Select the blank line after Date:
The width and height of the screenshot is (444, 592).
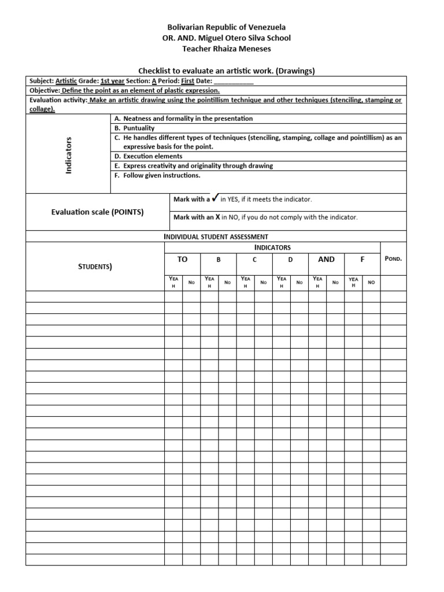[x=234, y=82]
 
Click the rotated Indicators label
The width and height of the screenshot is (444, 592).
[x=68, y=156]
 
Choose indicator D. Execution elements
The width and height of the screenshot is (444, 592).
[x=149, y=156]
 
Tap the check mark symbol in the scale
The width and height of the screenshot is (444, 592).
[x=215, y=198]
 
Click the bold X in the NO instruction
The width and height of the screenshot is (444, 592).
[x=217, y=217]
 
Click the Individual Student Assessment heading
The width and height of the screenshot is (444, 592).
[x=216, y=236]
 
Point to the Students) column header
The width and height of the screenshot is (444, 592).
[x=95, y=267]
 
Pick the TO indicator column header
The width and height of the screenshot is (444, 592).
[x=182, y=260]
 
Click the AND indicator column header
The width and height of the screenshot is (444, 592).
[x=327, y=260]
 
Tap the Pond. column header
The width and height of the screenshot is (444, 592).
[x=393, y=258]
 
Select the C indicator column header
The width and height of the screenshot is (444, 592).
[x=254, y=260]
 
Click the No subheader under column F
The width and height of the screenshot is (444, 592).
[x=371, y=282]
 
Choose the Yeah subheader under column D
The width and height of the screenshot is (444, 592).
[x=282, y=282]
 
